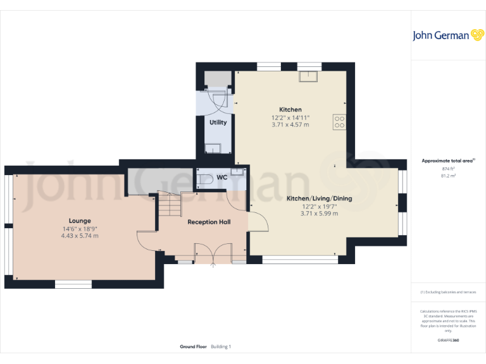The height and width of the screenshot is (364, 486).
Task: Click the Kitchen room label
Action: click(290, 109)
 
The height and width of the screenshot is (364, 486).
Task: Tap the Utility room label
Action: click(218, 123)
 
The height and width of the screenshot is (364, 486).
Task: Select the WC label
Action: click(222, 178)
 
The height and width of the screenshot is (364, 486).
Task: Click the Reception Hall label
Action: click(209, 222)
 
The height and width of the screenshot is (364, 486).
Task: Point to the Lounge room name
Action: click(80, 221)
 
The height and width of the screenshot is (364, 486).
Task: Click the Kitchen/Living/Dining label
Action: click(319, 198)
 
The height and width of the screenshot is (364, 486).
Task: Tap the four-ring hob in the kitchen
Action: click(339, 121)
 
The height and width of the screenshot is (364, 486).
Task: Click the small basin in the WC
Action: click(237, 172)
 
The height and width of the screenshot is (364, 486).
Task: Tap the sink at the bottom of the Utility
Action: click(213, 149)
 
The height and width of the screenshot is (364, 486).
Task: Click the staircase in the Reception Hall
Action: click(169, 205)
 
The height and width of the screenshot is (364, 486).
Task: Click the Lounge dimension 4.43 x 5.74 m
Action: click(80, 236)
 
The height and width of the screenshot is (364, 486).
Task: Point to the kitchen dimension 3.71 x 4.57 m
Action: click(290, 125)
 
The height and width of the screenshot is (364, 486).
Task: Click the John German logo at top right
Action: click(449, 35)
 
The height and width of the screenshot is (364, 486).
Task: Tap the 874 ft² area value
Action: click(448, 169)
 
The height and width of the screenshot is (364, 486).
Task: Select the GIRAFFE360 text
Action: click(448, 341)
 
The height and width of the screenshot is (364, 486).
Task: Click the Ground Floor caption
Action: click(194, 347)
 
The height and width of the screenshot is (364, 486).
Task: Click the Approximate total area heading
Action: click(447, 161)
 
